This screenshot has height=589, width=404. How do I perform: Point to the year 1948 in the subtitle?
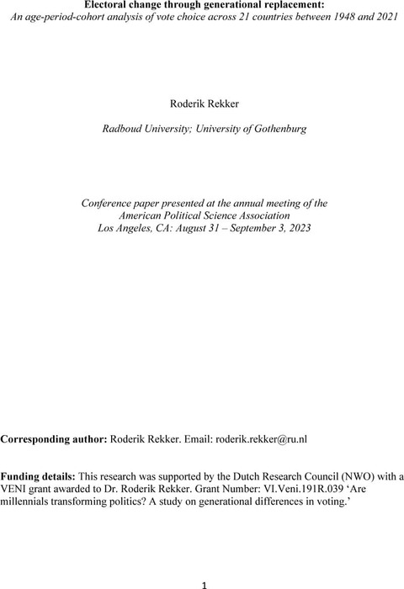tap(316, 19)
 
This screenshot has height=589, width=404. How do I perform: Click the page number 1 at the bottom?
tap(202, 581)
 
